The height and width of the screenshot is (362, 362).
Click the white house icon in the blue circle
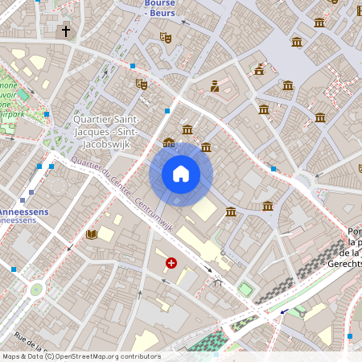tap(181, 174)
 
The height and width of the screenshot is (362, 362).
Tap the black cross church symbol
tap(66, 32)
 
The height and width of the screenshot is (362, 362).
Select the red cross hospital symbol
tap(171, 262)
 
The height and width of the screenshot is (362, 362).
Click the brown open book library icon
tap(92, 234)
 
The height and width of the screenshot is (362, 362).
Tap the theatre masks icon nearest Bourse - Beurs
tap(166, 37)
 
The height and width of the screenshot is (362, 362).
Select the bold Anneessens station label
tap(23, 212)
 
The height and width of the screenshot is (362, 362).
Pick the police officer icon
tap(215, 86)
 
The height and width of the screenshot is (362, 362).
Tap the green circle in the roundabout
tap(35, 290)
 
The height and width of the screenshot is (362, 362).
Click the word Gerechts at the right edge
tap(343, 263)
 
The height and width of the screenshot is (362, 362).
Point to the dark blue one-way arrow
tap(282, 313)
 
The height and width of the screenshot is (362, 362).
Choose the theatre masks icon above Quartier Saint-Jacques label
tap(142, 84)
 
